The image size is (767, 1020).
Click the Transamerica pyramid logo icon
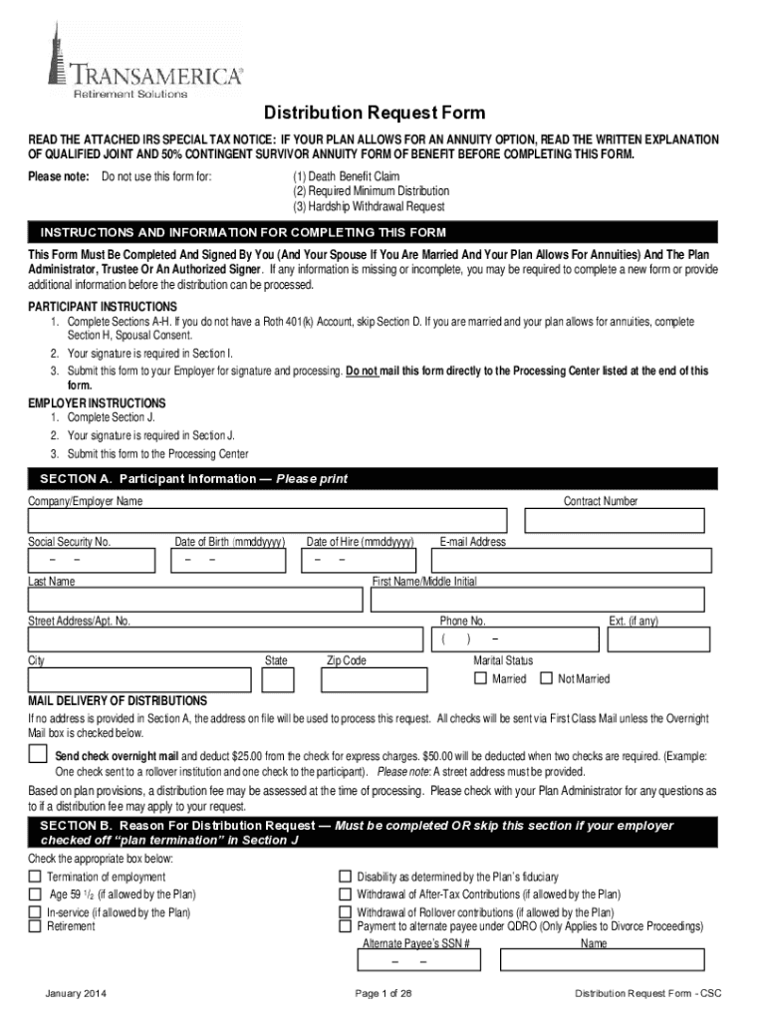58,50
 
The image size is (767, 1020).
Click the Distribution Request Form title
374,114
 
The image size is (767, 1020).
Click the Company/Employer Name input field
271,521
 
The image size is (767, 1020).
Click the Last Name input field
195,599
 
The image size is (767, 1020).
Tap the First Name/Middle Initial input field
538,599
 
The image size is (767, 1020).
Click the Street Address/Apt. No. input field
225,638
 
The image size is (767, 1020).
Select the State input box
278,679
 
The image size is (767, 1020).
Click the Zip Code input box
366,679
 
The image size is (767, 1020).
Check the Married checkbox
480,679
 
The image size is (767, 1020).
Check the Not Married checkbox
545,679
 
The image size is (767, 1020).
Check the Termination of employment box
35,877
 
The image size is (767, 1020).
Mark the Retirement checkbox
35,926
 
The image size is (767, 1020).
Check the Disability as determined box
346,877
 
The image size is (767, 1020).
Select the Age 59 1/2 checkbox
35,893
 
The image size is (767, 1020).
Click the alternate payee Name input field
602,960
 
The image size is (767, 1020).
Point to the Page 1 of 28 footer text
383,994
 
